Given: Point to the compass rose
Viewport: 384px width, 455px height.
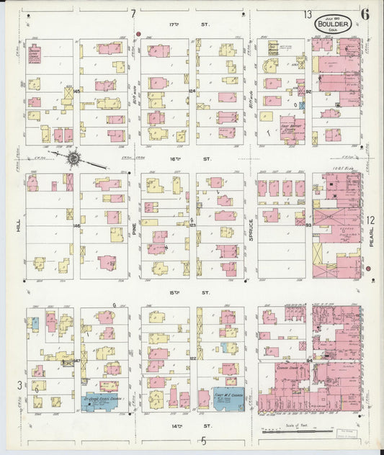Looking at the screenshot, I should (x=73, y=157).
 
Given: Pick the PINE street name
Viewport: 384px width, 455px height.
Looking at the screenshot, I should (x=134, y=228).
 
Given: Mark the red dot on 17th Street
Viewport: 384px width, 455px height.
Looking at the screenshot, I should (x=138, y=34).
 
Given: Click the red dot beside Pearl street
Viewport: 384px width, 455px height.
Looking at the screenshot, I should (x=368, y=269).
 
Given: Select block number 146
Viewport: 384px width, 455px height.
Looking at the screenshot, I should (x=76, y=225).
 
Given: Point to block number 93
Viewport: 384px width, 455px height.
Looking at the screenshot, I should (x=308, y=225).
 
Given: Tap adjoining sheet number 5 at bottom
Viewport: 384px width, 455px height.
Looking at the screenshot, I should (x=204, y=440).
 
